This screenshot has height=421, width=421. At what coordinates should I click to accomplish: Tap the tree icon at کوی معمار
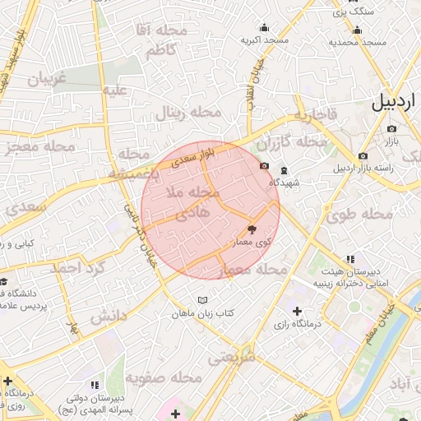click(251, 230)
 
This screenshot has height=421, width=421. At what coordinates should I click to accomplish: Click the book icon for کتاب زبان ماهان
click(202, 300)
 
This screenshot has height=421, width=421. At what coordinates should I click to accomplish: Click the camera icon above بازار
click(391, 129)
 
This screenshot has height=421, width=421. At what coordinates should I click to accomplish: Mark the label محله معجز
click(39, 146)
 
